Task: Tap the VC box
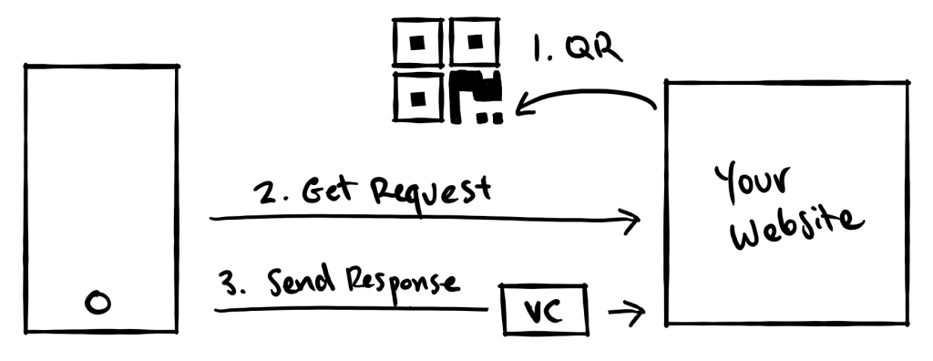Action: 546,313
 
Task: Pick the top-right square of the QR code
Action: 473,42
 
